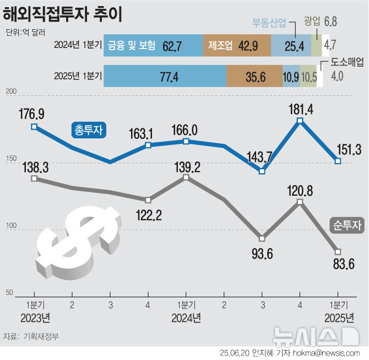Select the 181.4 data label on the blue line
point(300,109)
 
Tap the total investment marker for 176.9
point(34,127)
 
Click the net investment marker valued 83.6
point(338,252)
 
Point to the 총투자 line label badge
point(89,130)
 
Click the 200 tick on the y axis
point(10,94)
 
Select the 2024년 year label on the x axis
point(186,318)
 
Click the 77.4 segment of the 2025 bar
point(165,77)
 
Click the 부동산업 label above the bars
point(269,23)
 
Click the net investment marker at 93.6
point(262,239)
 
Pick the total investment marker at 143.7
point(262,171)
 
